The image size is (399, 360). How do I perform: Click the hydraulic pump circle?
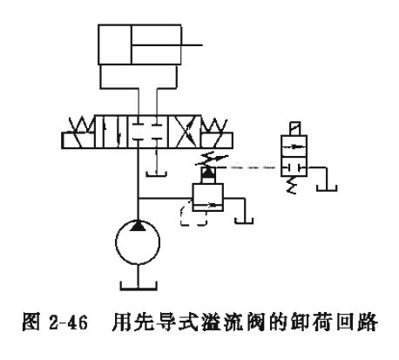tap(116, 242)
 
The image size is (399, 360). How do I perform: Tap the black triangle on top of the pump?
tap(138, 226)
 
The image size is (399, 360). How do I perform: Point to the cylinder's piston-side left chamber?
tap(115, 44)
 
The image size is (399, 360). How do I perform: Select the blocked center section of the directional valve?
tap(148, 132)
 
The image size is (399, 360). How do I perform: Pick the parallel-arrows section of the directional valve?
tap(112, 132)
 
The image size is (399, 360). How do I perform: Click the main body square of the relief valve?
tap(207, 197)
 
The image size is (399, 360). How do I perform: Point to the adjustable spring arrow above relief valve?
tap(212, 160)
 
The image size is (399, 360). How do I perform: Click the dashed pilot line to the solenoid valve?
tap(250, 167)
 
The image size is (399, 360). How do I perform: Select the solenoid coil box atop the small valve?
tap(295, 129)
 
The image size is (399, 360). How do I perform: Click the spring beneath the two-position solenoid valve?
tap(291, 185)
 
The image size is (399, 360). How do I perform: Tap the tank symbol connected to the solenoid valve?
tap(327, 188)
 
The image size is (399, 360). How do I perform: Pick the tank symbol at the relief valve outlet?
tap(244, 221)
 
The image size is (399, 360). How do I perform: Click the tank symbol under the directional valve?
tap(156, 174)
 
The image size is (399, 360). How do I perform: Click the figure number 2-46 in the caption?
tap(68, 323)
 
